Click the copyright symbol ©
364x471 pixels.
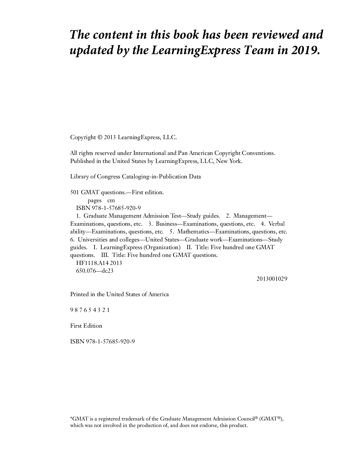coord(100,137)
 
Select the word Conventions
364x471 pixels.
coord(258,153)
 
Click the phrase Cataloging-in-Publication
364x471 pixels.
coord(155,177)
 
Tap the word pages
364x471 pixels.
coord(95,200)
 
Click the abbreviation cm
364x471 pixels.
coord(111,200)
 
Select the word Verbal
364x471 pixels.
coord(277,224)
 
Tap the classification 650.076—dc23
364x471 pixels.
coord(95,271)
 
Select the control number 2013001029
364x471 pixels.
coord(272,279)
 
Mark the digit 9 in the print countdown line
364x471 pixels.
coord(72,310)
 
